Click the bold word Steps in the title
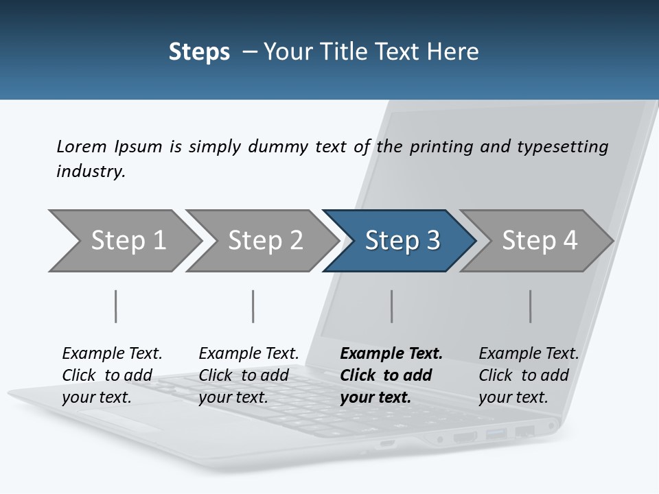199,51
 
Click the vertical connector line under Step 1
115,306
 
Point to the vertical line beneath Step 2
253,306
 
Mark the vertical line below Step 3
392,306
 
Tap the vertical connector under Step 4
531,306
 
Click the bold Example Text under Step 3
391,375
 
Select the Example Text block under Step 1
112,375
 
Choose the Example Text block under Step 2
248,375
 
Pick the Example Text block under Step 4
529,375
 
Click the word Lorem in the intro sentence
82,146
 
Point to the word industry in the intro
90,171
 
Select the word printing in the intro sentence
439,147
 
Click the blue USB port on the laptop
496,434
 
